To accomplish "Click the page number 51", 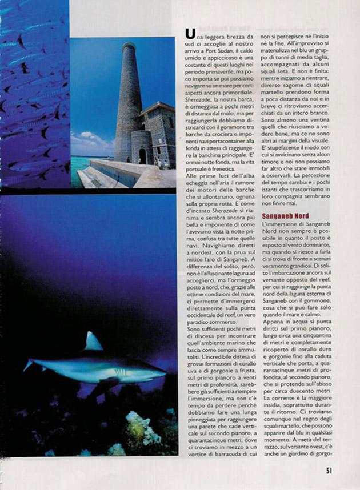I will pos(329,470).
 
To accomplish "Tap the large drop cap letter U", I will pos(190,36).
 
